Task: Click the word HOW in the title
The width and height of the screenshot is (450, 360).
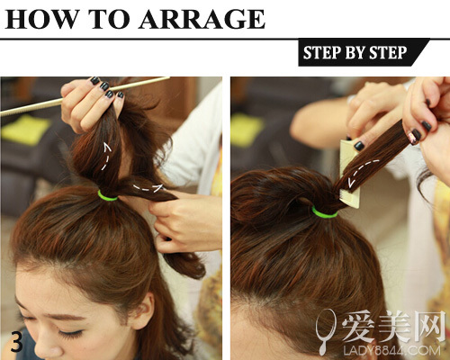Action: (42, 19)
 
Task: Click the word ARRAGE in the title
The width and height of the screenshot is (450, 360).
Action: (202, 19)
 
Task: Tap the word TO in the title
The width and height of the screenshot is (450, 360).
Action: (109, 19)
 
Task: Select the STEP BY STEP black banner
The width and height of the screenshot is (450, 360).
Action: (364, 52)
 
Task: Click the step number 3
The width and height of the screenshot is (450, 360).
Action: (17, 342)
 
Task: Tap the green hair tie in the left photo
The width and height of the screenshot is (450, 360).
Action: (107, 196)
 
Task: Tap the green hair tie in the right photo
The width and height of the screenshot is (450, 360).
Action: (325, 212)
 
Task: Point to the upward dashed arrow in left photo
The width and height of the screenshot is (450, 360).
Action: (107, 156)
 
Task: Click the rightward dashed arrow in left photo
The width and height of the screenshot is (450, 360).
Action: (149, 188)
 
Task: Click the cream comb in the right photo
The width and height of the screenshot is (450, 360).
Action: (350, 173)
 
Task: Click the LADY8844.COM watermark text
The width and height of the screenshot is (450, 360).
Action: (392, 350)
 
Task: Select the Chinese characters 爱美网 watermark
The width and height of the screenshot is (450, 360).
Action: (393, 327)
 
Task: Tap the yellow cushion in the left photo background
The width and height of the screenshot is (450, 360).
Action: (25, 130)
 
